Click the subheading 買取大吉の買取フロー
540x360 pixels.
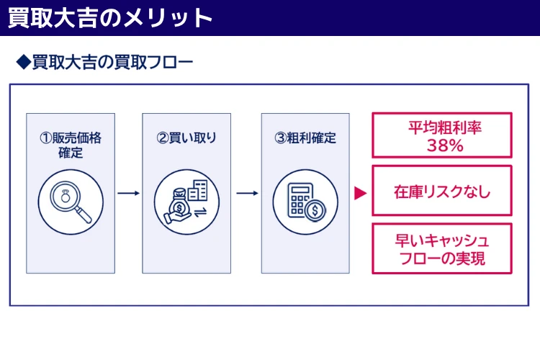[x=112, y=62]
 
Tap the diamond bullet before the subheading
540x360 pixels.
[x=24, y=62]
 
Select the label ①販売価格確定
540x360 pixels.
[x=71, y=145]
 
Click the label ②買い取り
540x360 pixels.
[x=186, y=138]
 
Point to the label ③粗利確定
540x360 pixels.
[x=305, y=138]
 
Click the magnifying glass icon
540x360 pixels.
[x=71, y=199]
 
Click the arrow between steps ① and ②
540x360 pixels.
[x=129, y=193]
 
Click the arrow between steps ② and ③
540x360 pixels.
[x=247, y=193]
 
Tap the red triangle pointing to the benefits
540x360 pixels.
[x=361, y=193]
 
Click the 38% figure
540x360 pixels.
[x=442, y=145]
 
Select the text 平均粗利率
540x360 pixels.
[x=442, y=128]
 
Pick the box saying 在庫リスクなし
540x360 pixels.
[x=442, y=192]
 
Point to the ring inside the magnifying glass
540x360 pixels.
[x=65, y=195]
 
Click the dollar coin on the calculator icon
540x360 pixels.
[x=315, y=211]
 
